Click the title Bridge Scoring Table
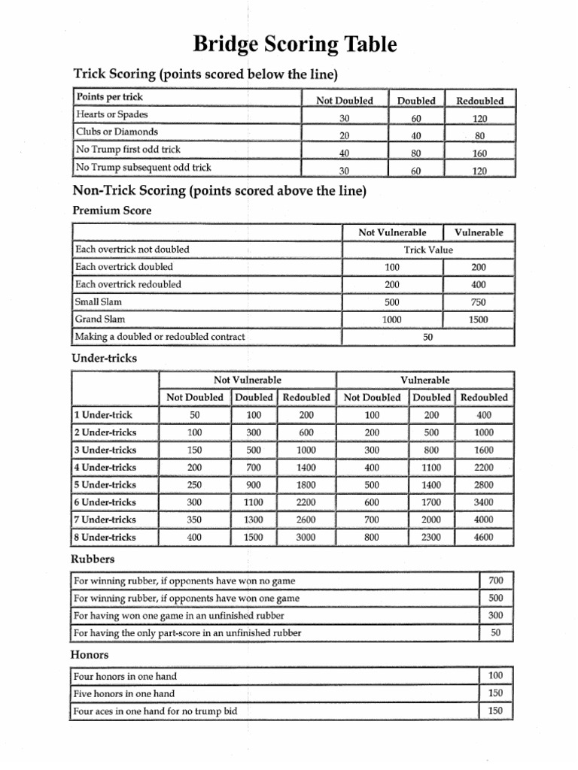pyautogui.click(x=294, y=45)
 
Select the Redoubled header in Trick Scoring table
pyautogui.click(x=480, y=100)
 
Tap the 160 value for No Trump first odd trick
pyautogui.click(x=480, y=153)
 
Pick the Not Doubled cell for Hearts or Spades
pyautogui.click(x=344, y=118)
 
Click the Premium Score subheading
pyautogui.click(x=111, y=211)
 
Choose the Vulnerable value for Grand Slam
pyautogui.click(x=479, y=320)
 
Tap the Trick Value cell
pyautogui.click(x=427, y=250)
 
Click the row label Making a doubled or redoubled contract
pyautogui.click(x=160, y=337)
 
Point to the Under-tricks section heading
pyautogui.click(x=104, y=358)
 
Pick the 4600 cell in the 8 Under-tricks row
pyautogui.click(x=483, y=538)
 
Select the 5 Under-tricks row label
pyautogui.click(x=105, y=485)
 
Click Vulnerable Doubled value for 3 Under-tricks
pyautogui.click(x=431, y=450)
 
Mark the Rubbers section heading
pyautogui.click(x=93, y=559)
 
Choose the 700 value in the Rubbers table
pyautogui.click(x=496, y=580)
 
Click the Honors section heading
pyautogui.click(x=90, y=655)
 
